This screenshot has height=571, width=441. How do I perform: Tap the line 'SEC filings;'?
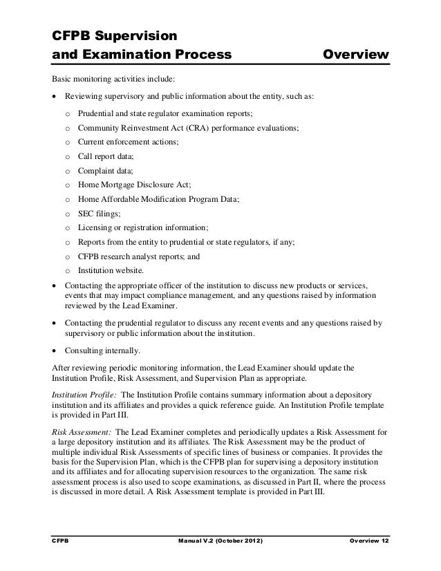[100, 213]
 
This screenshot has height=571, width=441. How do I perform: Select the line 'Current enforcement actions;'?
[128, 141]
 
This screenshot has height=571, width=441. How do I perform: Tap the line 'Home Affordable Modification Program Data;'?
[159, 198]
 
